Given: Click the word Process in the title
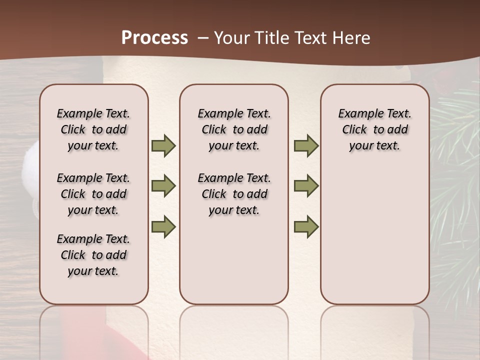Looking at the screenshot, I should (154, 38).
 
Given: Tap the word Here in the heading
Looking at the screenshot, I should (351, 38).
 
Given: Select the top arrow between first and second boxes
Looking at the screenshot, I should (163, 146).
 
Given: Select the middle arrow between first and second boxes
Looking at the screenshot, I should (163, 186).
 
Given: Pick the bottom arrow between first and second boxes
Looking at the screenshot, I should (163, 226).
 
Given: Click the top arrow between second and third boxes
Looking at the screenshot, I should (306, 146).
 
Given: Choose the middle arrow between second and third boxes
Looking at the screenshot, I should (306, 186).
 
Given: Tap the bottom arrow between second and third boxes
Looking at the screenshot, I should (306, 226).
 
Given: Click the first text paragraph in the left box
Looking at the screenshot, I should (93, 130).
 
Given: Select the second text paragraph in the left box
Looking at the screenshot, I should (93, 194).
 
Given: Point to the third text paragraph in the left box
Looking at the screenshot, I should (93, 255).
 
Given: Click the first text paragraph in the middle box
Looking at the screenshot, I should (234, 130).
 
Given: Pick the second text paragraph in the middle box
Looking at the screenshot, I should (234, 194).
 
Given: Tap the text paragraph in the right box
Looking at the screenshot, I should (375, 130).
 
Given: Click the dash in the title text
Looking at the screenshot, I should (203, 38).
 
